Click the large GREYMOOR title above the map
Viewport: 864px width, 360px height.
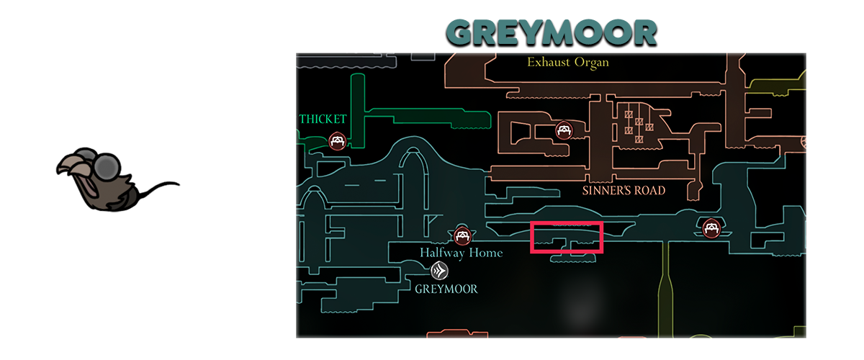click(551, 33)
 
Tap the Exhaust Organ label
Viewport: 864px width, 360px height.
click(568, 62)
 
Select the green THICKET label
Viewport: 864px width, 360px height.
click(323, 119)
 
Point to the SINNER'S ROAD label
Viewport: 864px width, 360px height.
click(624, 191)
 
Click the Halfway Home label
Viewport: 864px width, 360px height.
click(462, 253)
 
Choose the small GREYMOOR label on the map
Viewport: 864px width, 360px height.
click(446, 289)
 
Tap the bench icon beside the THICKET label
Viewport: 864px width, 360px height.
click(337, 140)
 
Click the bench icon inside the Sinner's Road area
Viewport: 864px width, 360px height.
click(564, 130)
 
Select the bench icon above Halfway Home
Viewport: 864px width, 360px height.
click(462, 235)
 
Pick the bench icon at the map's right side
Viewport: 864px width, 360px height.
click(712, 228)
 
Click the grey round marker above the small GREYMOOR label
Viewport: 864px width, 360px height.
click(439, 271)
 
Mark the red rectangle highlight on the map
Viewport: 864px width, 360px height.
click(566, 238)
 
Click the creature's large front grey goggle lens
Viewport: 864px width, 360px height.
click(109, 168)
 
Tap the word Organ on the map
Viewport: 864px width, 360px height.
click(590, 62)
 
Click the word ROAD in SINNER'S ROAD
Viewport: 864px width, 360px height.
click(648, 191)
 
